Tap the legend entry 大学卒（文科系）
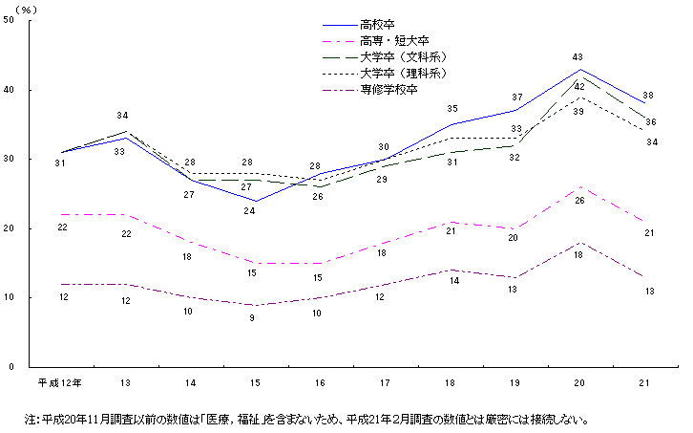coord(398,57)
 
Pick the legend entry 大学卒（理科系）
coord(398,74)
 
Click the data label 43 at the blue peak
coord(578,57)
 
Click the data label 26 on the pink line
coord(578,200)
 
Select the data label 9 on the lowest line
coord(253,317)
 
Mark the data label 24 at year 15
coord(253,211)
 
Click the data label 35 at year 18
coord(451,109)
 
